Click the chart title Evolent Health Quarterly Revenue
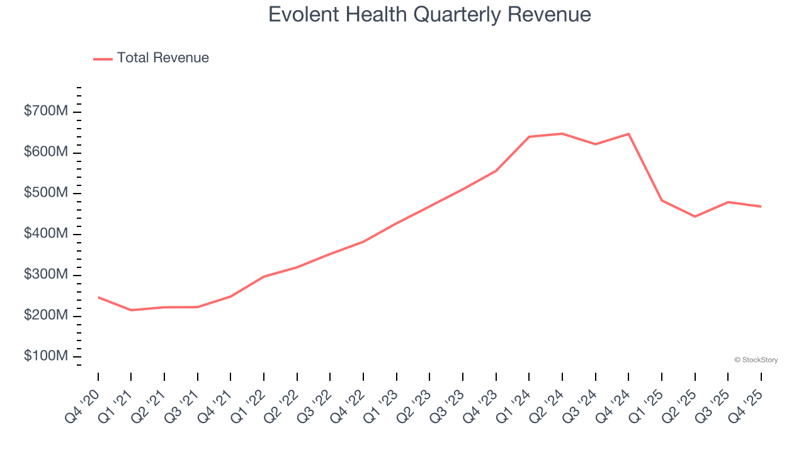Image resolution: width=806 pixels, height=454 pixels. [x=429, y=15]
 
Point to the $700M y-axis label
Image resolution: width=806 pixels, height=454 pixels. [x=46, y=112]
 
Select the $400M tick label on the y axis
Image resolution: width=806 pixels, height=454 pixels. [x=46, y=234]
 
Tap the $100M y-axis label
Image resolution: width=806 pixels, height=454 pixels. [x=46, y=356]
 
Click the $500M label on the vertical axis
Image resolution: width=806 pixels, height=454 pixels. [x=46, y=193]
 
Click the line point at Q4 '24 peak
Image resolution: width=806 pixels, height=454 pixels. [x=628, y=134]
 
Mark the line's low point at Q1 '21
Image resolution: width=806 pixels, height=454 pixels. [x=131, y=310]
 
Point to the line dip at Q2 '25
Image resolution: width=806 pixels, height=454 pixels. [x=695, y=216]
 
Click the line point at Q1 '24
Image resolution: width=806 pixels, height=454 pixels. [x=529, y=137]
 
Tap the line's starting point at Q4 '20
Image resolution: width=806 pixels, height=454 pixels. [x=98, y=297]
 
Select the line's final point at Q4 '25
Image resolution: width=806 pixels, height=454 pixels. [x=761, y=206]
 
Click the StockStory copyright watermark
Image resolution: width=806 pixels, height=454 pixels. [x=756, y=360]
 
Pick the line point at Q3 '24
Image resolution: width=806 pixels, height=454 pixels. [x=595, y=144]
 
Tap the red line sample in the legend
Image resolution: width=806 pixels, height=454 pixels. [x=103, y=59]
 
